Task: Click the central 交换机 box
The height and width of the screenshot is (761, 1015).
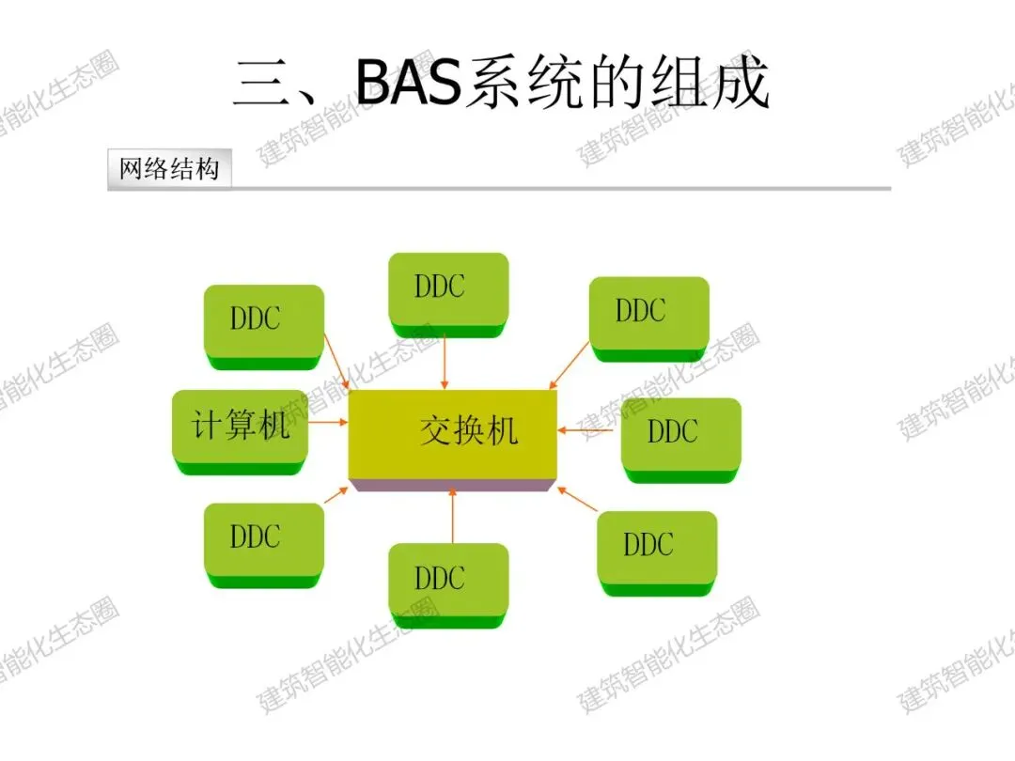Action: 452,433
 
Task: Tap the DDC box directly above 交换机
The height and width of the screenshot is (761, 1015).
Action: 448,290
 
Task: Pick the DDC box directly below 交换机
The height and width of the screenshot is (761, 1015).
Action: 448,582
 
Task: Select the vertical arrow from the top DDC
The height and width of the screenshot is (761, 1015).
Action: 445,362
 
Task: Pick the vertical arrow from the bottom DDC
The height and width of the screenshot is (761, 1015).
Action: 453,517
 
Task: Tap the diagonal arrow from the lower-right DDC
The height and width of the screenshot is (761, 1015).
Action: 577,500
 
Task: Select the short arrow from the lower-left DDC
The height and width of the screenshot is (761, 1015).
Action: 336,495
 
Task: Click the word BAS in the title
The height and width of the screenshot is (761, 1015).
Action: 410,83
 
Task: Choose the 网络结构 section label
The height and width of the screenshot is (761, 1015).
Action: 169,169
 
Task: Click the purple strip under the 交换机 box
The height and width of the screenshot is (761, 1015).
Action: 452,485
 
